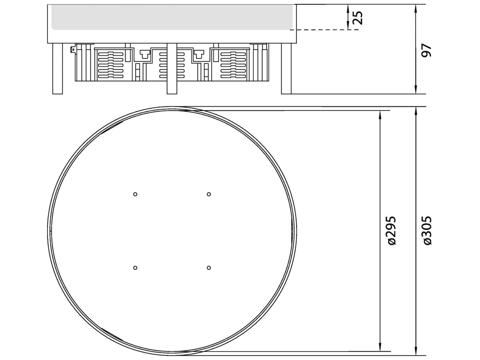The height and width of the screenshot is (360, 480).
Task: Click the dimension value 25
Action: coord(358,17)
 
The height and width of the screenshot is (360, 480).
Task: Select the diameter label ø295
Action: coord(391,230)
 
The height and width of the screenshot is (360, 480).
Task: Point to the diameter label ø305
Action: coord(427,230)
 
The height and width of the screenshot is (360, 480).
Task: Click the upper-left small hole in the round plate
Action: coord(135,194)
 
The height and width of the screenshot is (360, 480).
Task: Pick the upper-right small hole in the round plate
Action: coord(208,194)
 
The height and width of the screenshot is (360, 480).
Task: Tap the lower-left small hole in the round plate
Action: coord(135,267)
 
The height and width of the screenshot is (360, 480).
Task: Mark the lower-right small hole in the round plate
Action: coord(208,267)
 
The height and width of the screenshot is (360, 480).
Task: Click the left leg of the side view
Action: coord(58,68)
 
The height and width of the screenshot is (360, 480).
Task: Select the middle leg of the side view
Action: coord(172,68)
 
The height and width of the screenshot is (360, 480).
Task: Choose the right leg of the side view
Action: coord(286,68)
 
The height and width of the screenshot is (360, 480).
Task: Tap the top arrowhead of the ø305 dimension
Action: coord(416,112)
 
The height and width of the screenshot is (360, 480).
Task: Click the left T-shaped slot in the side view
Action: coord(144,53)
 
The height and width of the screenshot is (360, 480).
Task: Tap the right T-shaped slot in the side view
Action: coord(199,53)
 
